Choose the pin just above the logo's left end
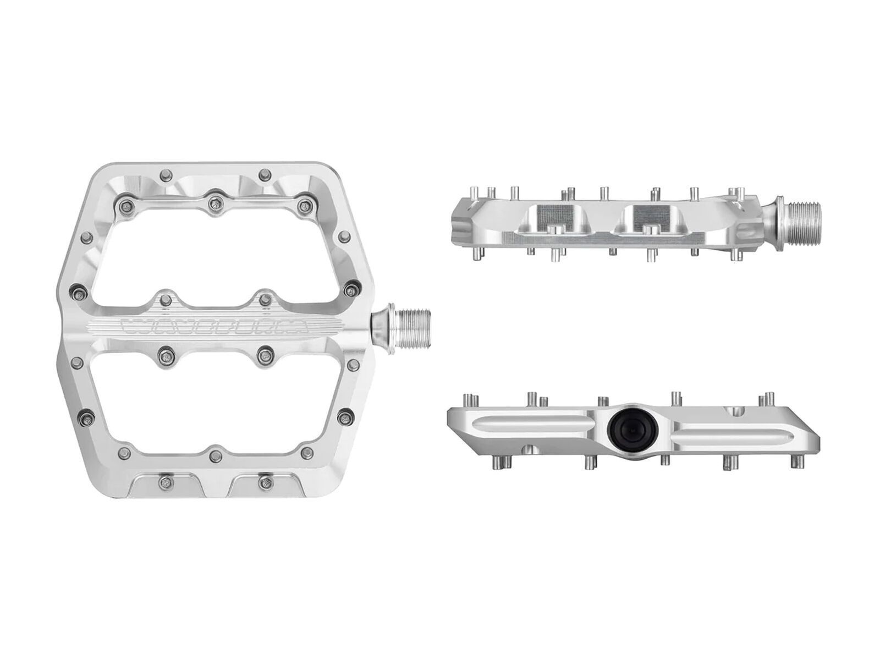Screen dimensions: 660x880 (x=163, y=299)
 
